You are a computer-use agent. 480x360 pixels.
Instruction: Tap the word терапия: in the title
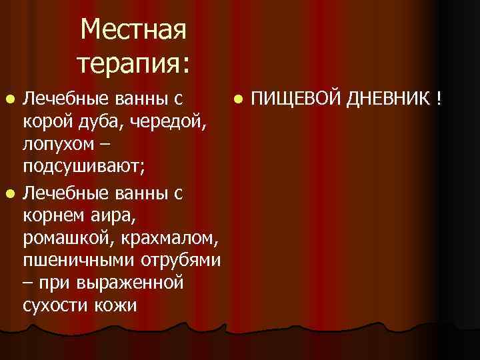(133, 63)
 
